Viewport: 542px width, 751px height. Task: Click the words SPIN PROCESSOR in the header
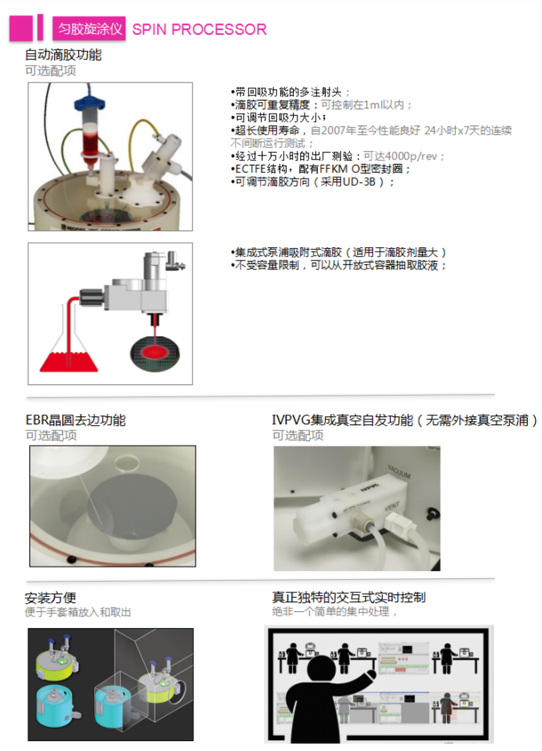click(x=199, y=29)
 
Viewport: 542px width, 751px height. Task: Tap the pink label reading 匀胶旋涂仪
click(x=90, y=28)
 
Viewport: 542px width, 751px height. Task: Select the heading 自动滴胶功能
click(x=63, y=54)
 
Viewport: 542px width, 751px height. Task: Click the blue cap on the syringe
click(x=90, y=102)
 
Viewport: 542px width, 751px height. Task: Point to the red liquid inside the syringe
click(x=91, y=139)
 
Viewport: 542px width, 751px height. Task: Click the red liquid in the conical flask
click(x=69, y=361)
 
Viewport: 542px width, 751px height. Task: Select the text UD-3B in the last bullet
click(x=359, y=182)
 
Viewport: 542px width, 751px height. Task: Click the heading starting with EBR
click(x=76, y=420)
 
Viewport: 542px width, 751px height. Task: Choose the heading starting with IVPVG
click(x=404, y=420)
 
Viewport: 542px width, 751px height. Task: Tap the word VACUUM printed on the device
click(x=400, y=471)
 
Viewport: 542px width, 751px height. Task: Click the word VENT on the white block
click(x=392, y=505)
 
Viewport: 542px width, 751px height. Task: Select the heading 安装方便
click(x=51, y=598)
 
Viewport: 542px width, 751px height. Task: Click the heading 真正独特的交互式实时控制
click(x=348, y=597)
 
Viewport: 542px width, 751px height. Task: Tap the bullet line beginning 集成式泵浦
click(x=338, y=253)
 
